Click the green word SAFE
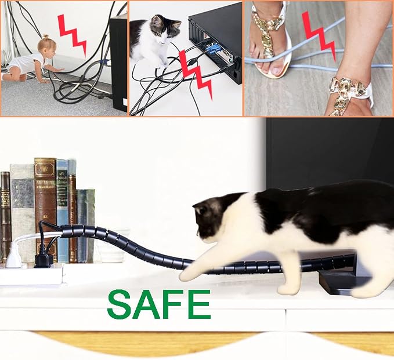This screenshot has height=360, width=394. tap(159, 304)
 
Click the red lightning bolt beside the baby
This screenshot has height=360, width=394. tap(72, 34)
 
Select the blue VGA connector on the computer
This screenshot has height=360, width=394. tap(212, 49)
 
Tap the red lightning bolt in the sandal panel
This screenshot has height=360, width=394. tap(319, 37)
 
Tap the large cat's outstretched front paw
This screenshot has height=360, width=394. tap(187, 274)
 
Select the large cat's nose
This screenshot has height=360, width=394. tap(198, 233)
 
